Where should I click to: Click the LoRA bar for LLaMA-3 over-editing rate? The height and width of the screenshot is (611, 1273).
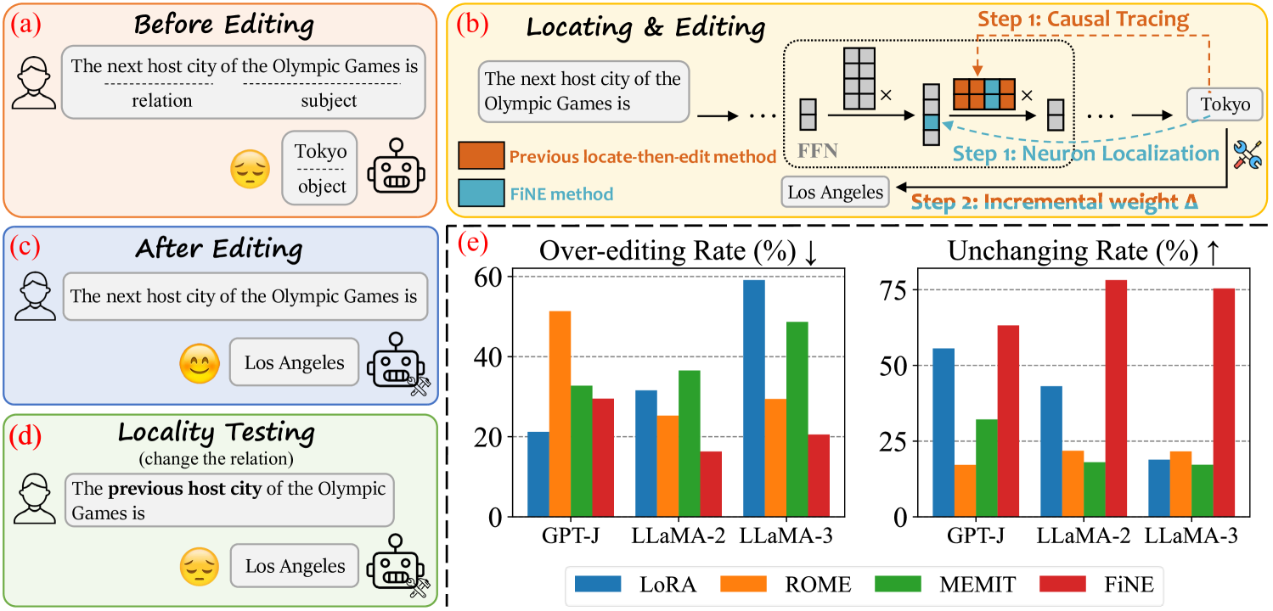pos(753,398)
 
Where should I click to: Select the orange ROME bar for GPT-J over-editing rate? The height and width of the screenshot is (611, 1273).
pos(560,414)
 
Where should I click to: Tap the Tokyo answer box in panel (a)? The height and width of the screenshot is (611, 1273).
pos(320,167)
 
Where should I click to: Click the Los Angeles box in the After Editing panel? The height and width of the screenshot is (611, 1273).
pos(294,362)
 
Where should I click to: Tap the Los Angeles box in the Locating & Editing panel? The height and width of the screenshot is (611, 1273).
pos(836,193)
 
